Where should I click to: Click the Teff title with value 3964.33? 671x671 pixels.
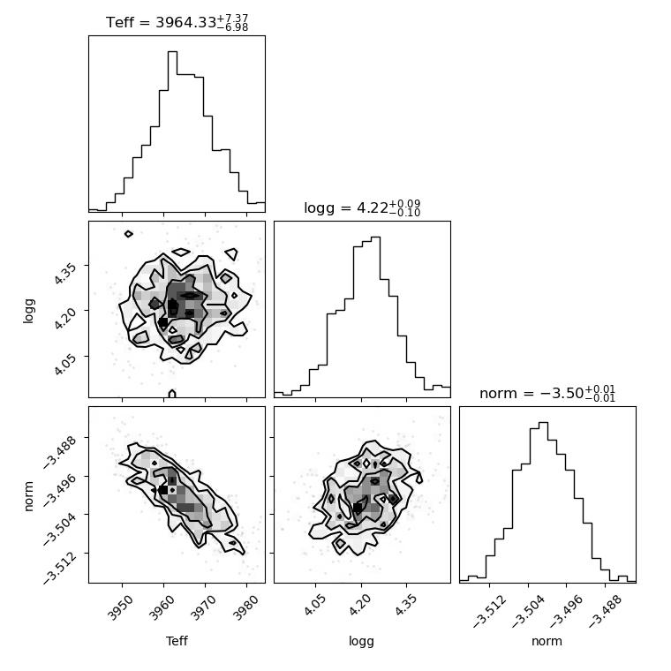coord(177,22)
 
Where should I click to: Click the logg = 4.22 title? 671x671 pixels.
coord(362,208)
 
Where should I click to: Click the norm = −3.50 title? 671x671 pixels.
coord(547,393)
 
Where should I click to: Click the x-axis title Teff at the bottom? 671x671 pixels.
coord(177,641)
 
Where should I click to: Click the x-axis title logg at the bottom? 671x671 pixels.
coord(362,642)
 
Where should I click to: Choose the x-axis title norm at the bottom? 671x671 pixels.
coord(547,642)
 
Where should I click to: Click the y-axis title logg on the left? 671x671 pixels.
coord(28,311)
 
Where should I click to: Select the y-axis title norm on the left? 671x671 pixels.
coord(28,496)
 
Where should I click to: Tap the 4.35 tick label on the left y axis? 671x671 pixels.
coord(66,274)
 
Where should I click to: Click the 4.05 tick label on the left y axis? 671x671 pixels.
coord(66,365)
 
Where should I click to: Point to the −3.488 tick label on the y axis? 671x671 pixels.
coord(60,452)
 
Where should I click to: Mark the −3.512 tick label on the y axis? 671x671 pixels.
coord(60,568)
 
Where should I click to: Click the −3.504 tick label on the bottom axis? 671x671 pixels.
coord(528,612)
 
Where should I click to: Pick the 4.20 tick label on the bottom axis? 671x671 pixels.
coord(360,606)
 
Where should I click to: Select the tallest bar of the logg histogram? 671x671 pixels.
coord(376,317)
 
